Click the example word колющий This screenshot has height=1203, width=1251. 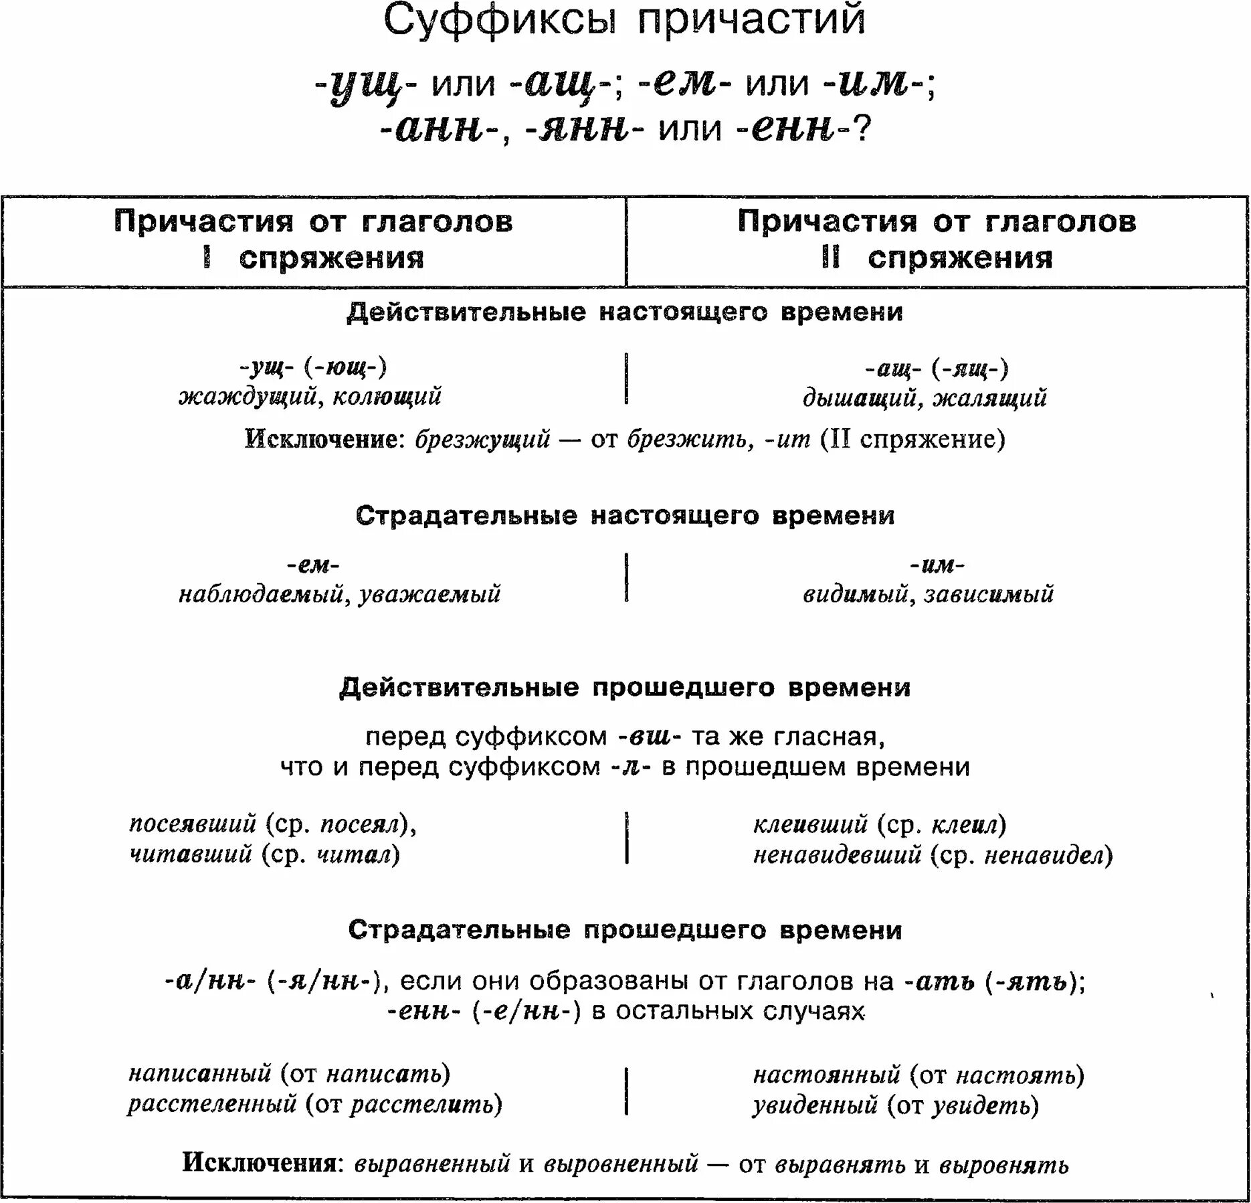tap(387, 396)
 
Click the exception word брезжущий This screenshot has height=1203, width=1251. tap(482, 440)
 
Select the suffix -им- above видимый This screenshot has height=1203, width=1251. tap(937, 565)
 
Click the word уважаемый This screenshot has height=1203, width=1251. tap(429, 594)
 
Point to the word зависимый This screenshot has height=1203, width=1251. tap(989, 594)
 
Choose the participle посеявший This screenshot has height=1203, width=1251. tap(193, 824)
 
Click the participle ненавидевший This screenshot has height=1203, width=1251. tap(837, 854)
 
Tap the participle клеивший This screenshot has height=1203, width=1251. tap(810, 824)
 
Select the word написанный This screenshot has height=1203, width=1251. tap(200, 1074)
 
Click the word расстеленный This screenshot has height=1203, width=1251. tap(212, 1104)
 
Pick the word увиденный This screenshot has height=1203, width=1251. tap(815, 1105)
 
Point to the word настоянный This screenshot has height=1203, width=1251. tap(827, 1075)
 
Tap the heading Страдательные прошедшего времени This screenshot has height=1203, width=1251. tap(625, 930)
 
